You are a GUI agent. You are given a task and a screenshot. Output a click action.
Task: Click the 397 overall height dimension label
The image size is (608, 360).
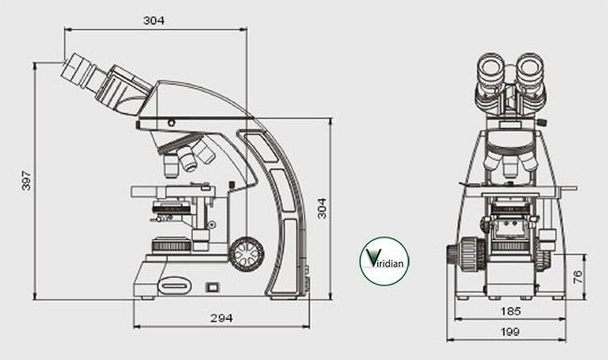(x=26, y=180)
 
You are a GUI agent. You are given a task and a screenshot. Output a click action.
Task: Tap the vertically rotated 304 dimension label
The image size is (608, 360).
(x=322, y=208)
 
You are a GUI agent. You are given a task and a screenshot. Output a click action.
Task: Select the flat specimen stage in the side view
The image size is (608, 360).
(x=173, y=192)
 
